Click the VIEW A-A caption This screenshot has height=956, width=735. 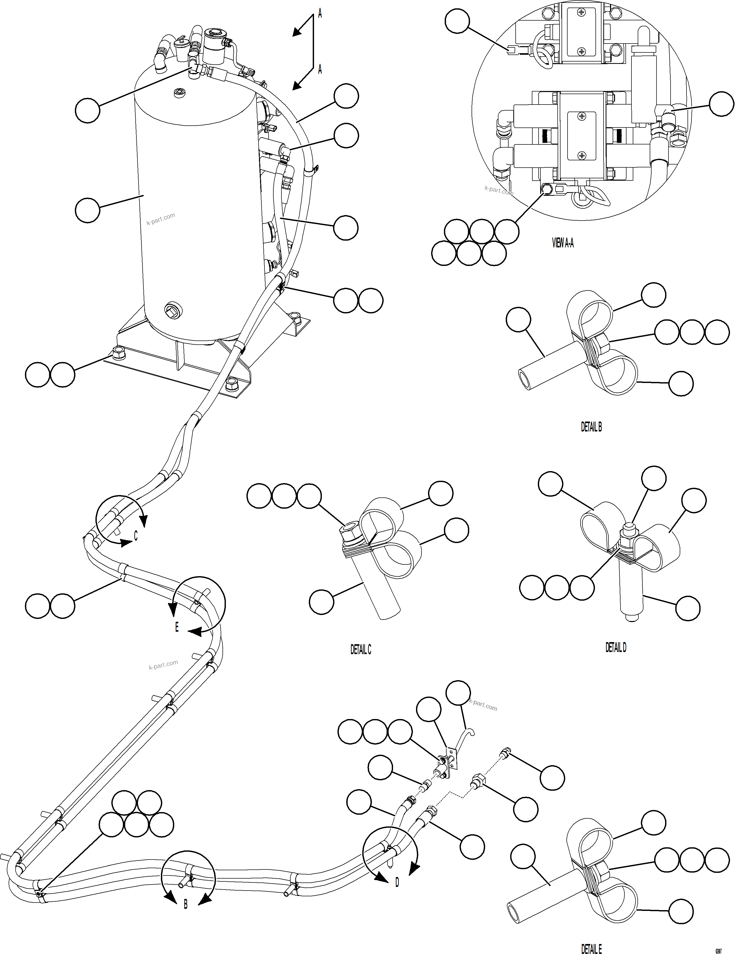point(563,243)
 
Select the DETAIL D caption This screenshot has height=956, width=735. point(616,647)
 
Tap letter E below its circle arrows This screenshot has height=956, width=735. point(177,627)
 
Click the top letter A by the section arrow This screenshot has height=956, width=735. point(320,14)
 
